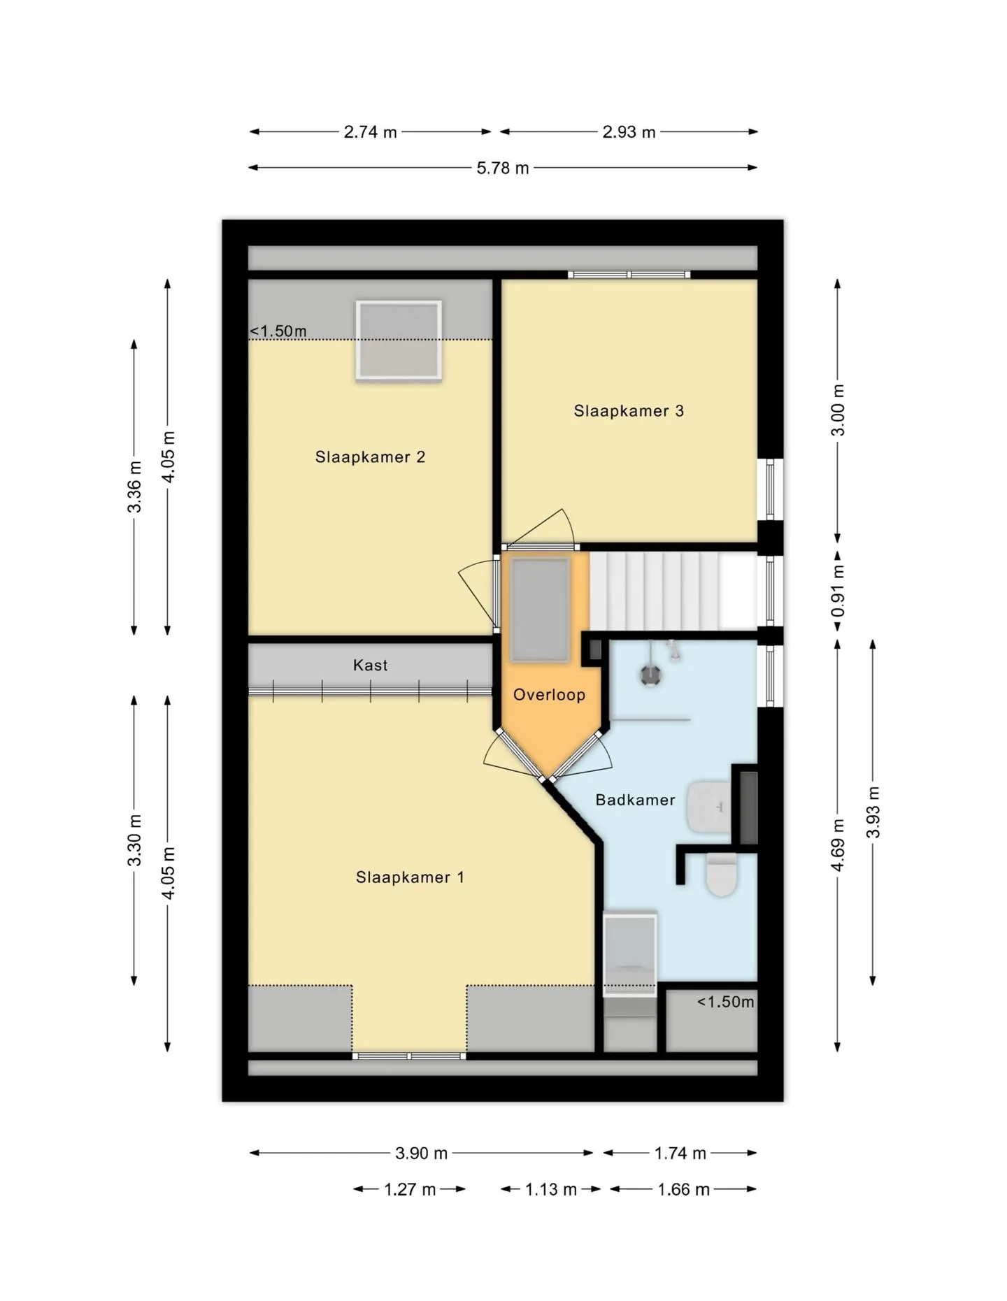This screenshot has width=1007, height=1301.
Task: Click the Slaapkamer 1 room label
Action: [410, 877]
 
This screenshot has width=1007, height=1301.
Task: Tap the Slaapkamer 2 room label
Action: [370, 457]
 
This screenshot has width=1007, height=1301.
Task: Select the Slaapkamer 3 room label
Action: [629, 411]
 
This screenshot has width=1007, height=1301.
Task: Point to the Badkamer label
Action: [635, 800]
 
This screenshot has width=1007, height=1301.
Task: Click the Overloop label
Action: [549, 695]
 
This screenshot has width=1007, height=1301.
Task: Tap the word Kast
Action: [370, 666]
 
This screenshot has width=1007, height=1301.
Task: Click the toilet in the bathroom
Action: [722, 875]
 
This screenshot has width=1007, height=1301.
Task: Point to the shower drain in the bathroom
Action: [651, 675]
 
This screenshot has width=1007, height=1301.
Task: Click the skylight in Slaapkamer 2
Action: [399, 340]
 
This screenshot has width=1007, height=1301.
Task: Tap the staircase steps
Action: [673, 591]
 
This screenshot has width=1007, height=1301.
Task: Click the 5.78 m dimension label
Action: [503, 168]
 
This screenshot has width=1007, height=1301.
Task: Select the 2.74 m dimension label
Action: [370, 132]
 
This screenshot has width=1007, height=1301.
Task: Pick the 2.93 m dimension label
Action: [629, 132]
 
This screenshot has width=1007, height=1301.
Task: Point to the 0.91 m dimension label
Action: [838, 591]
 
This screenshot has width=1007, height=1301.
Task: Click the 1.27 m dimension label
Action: [410, 1189]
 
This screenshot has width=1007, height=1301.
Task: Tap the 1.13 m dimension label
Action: [551, 1189]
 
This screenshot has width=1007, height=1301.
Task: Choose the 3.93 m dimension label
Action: [873, 812]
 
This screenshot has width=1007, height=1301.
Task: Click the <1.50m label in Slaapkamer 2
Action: [278, 331]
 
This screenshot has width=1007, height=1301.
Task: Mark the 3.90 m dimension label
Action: [421, 1153]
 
